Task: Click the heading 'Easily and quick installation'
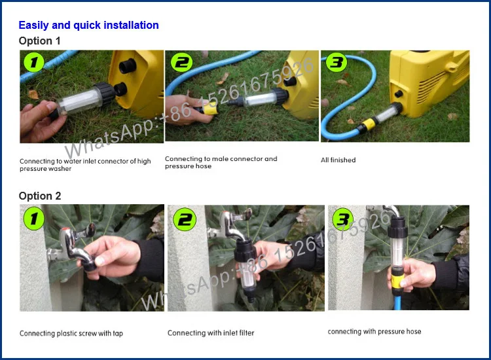pyautogui.click(x=88, y=25)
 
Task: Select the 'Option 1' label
pyautogui.click(x=39, y=41)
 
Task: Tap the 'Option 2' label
pyautogui.click(x=40, y=196)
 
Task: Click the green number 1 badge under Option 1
pyautogui.click(x=34, y=62)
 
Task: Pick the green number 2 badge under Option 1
pyautogui.click(x=181, y=62)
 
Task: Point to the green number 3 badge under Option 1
pyautogui.click(x=336, y=62)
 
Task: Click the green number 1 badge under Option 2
pyautogui.click(x=34, y=218)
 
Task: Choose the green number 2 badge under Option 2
pyautogui.click(x=185, y=219)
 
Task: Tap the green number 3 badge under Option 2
pyautogui.click(x=342, y=219)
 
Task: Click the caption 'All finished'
pyautogui.click(x=338, y=160)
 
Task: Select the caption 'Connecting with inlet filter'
pyautogui.click(x=211, y=333)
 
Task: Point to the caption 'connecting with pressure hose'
pyautogui.click(x=374, y=331)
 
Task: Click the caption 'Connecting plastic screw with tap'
pyautogui.click(x=71, y=333)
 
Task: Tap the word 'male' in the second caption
pyautogui.click(x=221, y=158)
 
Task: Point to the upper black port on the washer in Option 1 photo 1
pyautogui.click(x=128, y=66)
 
